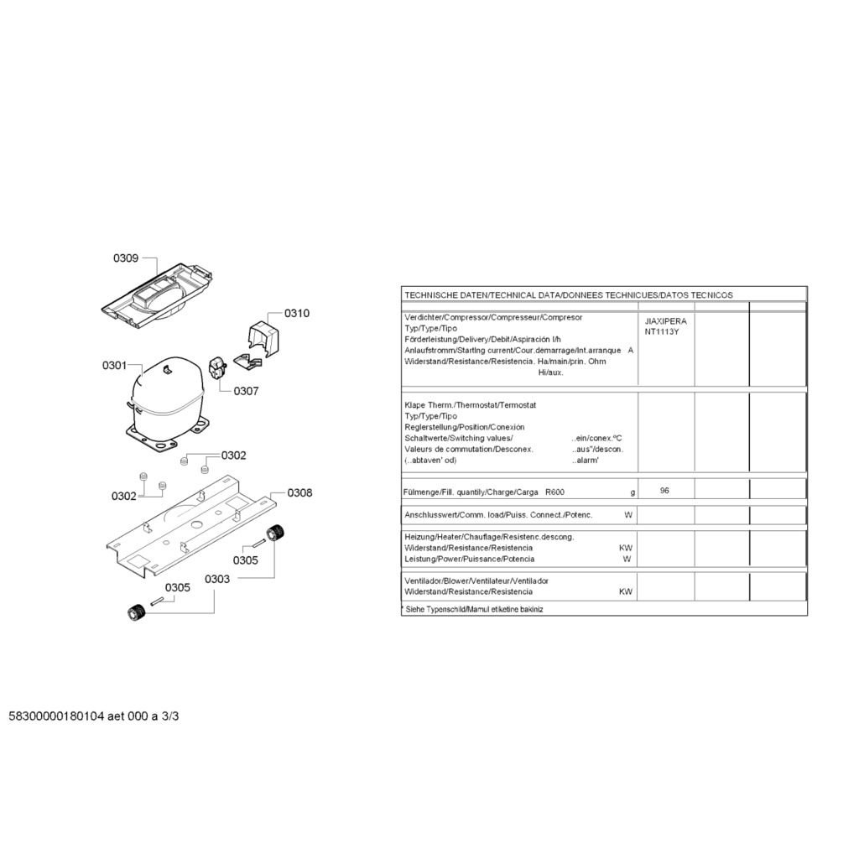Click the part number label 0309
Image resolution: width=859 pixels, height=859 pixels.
click(126, 258)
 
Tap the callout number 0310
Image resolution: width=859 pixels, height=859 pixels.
click(296, 314)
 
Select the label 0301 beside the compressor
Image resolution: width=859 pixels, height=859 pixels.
click(114, 366)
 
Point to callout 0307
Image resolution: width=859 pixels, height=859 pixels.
click(246, 391)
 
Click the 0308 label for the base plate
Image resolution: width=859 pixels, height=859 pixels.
click(299, 492)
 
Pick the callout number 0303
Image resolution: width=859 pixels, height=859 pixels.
click(216, 579)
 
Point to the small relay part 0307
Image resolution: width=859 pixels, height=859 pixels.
click(216, 369)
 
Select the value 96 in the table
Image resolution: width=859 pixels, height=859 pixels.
click(664, 491)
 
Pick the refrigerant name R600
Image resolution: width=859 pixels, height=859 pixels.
click(554, 492)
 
